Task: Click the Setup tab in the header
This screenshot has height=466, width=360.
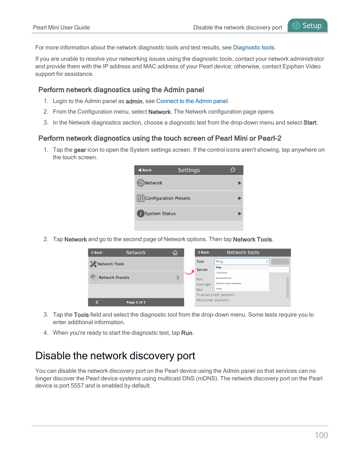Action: [308, 26]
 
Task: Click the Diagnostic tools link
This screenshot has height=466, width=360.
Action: [254, 48]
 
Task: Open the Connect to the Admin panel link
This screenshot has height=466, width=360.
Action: [192, 101]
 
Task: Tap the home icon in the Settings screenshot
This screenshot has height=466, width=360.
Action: [233, 170]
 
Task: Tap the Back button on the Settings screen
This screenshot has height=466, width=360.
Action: [145, 170]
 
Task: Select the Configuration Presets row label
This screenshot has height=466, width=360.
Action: [168, 198]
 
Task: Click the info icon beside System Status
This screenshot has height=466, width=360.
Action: [140, 214]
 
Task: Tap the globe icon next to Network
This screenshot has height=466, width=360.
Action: [140, 183]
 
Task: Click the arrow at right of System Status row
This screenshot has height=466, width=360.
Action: [240, 214]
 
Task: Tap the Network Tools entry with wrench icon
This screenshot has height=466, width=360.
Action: [111, 264]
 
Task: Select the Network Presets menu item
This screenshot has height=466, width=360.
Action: [114, 278]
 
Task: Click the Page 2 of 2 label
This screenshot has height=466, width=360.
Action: [136, 302]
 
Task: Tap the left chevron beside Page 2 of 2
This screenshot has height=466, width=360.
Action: [97, 302]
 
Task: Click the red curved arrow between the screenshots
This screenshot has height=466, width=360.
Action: [189, 272]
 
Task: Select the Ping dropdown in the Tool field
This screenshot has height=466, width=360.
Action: [242, 261]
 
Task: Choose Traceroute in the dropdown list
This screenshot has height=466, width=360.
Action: [222, 272]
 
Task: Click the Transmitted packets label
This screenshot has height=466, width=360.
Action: [215, 295]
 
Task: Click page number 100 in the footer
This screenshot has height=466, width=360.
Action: [321, 435]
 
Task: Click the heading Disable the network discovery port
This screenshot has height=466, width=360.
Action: [115, 356]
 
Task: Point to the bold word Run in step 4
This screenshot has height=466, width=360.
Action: [186, 333]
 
